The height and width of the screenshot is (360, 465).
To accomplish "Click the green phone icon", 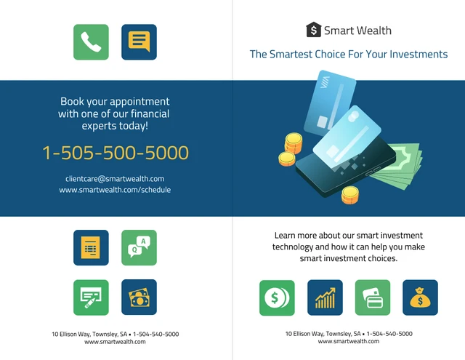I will tap(91, 42).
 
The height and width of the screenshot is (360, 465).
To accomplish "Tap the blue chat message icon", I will tap(139, 42).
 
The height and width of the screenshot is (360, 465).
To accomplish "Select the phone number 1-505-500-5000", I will tap(116, 153).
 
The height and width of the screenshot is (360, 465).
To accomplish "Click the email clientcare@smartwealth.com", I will tap(115, 178).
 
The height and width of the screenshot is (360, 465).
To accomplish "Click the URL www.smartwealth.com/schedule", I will tap(115, 190).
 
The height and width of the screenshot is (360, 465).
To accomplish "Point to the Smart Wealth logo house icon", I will tap(313, 30).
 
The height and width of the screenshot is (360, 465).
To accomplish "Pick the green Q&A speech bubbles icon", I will tap(139, 247).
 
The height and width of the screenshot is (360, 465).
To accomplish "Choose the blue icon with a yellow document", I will tap(91, 247).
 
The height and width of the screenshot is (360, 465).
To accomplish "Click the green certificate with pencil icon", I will tap(91, 297).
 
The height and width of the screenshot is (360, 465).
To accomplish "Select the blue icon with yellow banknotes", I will tap(139, 297).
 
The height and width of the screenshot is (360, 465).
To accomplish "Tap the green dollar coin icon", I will tap(277, 297).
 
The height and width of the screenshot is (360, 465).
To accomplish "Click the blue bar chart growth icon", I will tap(325, 297).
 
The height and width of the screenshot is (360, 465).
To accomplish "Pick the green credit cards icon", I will tap(373, 297).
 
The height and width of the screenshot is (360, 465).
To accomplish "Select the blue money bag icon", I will tap(420, 297).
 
